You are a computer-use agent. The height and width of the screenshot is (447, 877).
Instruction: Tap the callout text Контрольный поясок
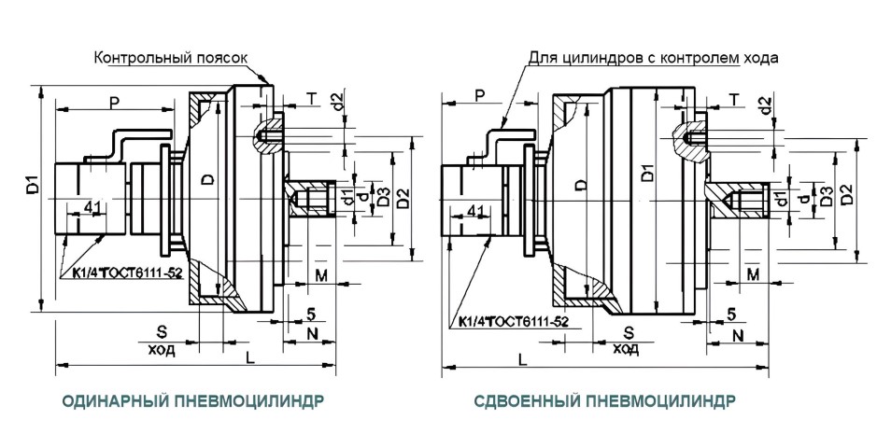pos(171,58)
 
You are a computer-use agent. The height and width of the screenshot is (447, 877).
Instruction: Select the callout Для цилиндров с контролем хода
pos(653,58)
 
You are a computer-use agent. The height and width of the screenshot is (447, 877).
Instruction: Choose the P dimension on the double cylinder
pos(479,96)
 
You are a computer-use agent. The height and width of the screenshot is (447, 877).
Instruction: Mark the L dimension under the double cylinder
pos(521,358)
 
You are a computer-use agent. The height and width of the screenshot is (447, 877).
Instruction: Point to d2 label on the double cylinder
pos(767,105)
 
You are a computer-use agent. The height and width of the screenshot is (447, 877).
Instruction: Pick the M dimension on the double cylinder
pos(752,272)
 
